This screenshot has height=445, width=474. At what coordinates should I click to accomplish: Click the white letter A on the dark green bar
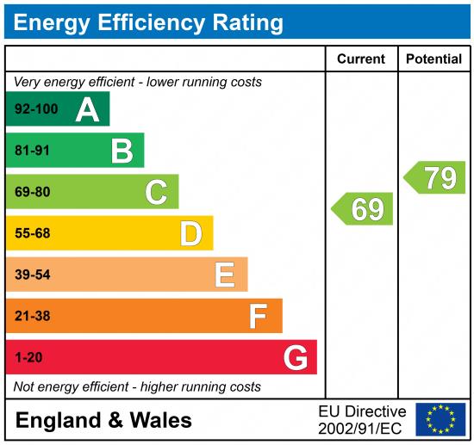point(87,109)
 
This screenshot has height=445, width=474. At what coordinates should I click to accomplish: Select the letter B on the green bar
point(122,151)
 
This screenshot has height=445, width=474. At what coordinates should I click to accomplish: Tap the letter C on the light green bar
point(156,193)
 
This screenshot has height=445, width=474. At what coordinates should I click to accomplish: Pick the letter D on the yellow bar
point(190,233)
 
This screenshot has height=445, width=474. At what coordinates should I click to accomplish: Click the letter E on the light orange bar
point(224,275)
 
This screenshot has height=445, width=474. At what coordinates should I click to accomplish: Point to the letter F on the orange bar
point(258,316)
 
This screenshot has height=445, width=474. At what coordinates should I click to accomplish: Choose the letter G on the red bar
point(296,357)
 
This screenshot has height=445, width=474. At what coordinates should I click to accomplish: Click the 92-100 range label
point(35,110)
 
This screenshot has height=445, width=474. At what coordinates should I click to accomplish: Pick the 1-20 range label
point(28,357)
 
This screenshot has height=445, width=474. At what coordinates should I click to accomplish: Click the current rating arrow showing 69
point(363,209)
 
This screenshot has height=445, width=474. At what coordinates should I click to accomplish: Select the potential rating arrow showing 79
point(435,177)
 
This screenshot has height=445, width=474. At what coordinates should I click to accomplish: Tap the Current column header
point(361,59)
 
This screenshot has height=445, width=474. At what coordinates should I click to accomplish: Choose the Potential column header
point(433,59)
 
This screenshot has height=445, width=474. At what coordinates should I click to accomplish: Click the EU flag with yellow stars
point(440,419)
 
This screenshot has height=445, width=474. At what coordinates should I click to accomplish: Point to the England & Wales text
point(103,420)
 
